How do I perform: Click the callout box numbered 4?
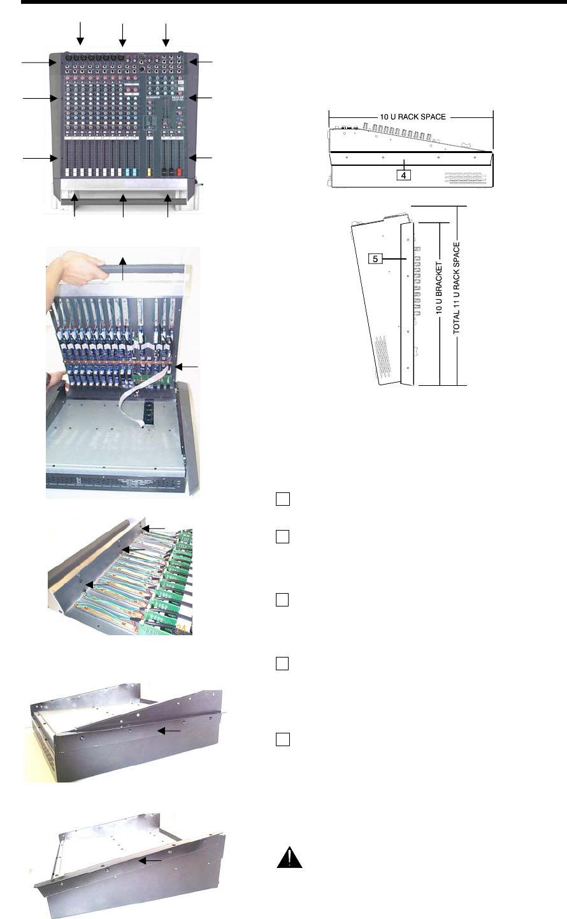pyautogui.click(x=403, y=175)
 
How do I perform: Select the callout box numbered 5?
pyautogui.click(x=375, y=259)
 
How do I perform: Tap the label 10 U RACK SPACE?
pyautogui.click(x=413, y=117)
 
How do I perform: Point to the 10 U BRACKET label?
pyautogui.click(x=439, y=288)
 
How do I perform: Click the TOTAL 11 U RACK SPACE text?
pyautogui.click(x=456, y=288)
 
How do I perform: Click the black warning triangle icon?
pyautogui.click(x=289, y=857)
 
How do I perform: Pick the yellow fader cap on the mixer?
pyautogui.click(x=149, y=172)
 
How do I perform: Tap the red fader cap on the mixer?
pyautogui.click(x=179, y=172)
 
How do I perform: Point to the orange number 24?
pyautogui.click(x=181, y=629)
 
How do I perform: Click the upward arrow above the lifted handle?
pyautogui.click(x=122, y=268)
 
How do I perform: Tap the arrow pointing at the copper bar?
pyautogui.click(x=187, y=367)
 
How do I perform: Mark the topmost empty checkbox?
pyautogui.click(x=283, y=499)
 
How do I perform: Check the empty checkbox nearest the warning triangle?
pyautogui.click(x=283, y=739)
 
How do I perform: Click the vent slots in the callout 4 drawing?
pyautogui.click(x=466, y=178)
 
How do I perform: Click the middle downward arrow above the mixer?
pyautogui.click(x=122, y=35)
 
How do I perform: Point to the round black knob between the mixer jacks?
pyautogui.click(x=141, y=69)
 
